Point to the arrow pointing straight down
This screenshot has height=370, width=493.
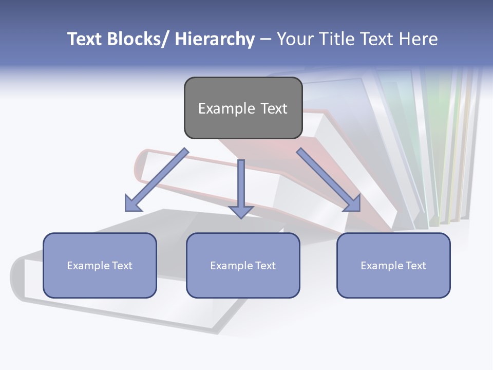point(241,185)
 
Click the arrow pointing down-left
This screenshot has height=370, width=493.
point(159,178)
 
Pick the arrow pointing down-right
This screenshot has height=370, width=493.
point(326,178)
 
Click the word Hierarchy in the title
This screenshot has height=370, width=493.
point(214,39)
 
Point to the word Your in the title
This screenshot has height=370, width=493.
point(295,39)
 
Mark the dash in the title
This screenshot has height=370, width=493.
point(266,39)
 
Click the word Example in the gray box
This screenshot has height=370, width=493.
point(223,109)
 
